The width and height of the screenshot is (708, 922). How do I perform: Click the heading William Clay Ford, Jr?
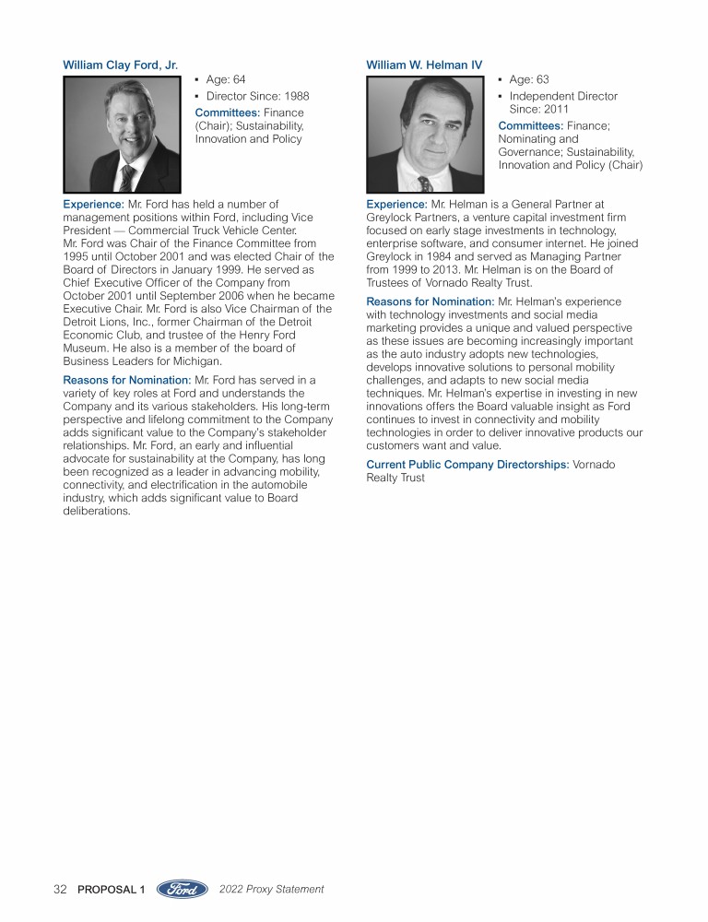(120, 65)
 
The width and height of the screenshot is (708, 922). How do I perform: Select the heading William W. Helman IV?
(424, 65)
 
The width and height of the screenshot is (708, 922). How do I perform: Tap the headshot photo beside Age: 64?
(122, 134)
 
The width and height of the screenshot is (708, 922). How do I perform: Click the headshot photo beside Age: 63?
(425, 134)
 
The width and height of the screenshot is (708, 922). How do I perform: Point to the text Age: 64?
(226, 80)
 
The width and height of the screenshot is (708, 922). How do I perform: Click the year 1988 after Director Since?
(294, 96)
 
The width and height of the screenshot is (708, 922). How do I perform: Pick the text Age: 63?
(529, 80)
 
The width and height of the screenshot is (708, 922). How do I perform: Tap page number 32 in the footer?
(61, 890)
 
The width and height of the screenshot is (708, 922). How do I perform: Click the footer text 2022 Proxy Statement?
(272, 890)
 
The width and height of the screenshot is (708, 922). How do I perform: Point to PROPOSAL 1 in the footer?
(112, 890)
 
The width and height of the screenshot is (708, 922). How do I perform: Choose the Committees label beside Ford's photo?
(228, 112)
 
